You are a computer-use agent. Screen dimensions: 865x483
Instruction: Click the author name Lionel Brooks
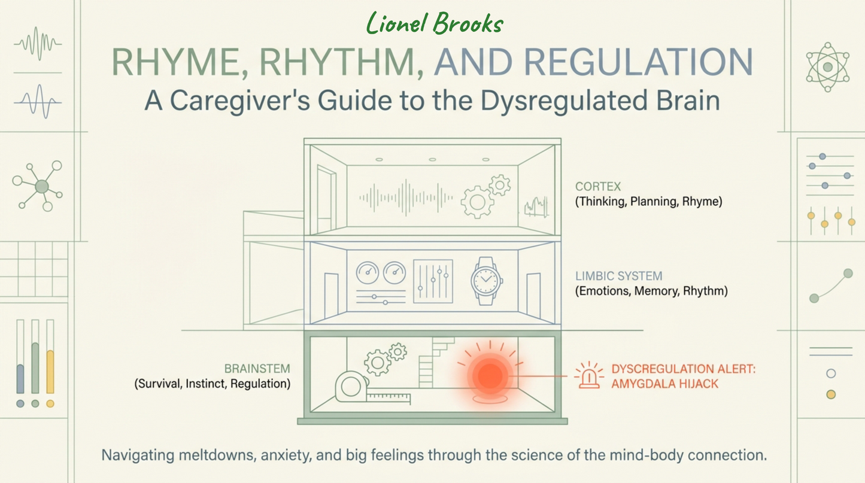(x=435, y=23)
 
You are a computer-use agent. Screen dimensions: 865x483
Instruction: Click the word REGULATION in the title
(x=639, y=62)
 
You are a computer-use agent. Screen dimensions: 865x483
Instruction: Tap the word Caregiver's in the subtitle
(x=240, y=101)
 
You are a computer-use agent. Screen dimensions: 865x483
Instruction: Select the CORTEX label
(x=598, y=187)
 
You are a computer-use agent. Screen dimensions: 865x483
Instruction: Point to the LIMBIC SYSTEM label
(x=618, y=276)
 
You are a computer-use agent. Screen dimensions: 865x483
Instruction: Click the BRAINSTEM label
(x=257, y=369)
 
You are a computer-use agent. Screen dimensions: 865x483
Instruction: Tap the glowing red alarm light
(x=490, y=376)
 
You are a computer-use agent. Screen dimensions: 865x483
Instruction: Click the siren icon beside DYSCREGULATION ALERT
(x=588, y=375)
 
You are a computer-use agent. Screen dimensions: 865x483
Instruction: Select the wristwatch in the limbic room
(x=486, y=281)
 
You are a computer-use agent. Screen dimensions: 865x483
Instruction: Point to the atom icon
(x=827, y=67)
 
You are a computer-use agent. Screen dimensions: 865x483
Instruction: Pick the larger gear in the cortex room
(x=477, y=202)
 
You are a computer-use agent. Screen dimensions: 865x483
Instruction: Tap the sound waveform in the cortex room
(x=406, y=198)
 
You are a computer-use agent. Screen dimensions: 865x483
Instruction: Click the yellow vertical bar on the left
(x=50, y=372)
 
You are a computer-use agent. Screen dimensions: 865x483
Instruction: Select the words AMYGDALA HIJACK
(x=664, y=384)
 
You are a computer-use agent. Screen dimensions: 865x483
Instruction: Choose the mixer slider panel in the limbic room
(x=433, y=281)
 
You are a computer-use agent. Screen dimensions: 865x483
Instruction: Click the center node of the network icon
(x=42, y=187)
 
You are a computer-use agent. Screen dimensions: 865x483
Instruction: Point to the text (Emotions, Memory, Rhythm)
(x=651, y=291)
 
